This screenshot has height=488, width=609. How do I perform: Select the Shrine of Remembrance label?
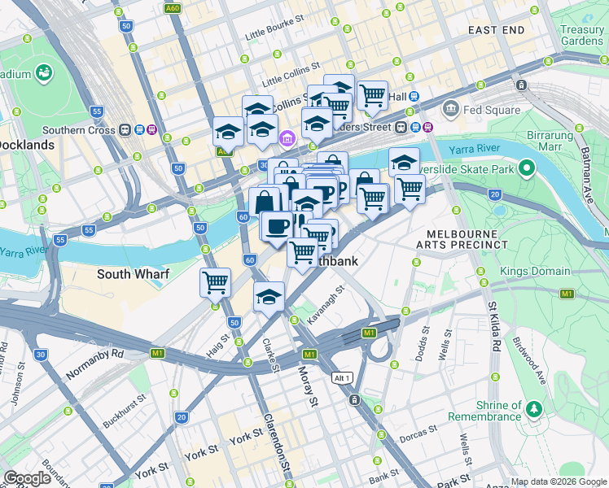coord(494,411)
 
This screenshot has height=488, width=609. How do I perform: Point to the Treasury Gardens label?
coord(581,35)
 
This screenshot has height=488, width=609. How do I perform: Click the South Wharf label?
coord(133,274)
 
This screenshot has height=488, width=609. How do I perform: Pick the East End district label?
coord(496,30)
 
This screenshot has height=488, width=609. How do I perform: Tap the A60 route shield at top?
coord(172,8)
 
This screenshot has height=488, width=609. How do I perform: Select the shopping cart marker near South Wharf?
coord(215,283)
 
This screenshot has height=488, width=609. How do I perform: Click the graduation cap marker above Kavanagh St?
coord(269,298)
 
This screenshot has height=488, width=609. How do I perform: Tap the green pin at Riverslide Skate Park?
coord(526,169)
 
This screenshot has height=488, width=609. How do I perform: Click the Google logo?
coord(28,478)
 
